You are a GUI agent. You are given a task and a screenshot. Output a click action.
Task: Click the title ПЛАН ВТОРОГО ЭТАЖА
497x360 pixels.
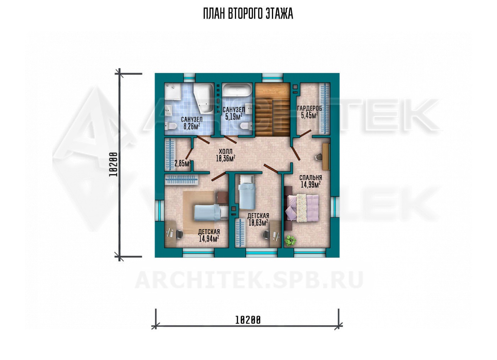[248, 14]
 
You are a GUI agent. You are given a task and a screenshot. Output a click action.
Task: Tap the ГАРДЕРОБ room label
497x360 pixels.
[309, 109]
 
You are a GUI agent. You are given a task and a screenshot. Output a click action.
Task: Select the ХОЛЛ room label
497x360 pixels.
[226, 151]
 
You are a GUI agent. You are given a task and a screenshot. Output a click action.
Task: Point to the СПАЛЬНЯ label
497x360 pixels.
[311, 178]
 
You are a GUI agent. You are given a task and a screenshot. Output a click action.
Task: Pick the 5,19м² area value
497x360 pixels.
[234, 116]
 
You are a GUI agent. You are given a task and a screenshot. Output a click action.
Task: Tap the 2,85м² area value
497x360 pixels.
[183, 164]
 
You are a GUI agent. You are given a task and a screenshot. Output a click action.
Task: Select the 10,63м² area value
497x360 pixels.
[258, 223]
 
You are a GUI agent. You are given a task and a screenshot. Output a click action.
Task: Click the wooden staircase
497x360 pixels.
[273, 110]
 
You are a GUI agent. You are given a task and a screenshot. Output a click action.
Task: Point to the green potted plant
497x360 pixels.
[290, 240]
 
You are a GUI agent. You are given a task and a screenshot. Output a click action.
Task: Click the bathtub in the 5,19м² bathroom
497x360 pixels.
[237, 90]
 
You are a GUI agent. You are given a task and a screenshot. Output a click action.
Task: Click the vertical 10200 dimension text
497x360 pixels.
[113, 164]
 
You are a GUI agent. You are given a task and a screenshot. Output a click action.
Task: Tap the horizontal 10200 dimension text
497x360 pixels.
[248, 320]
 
